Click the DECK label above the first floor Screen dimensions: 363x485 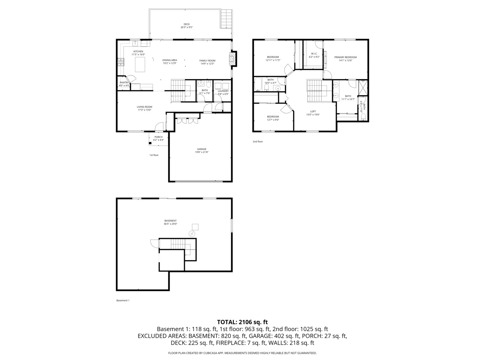pos(187,24)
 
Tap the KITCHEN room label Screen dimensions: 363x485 pos(138,51)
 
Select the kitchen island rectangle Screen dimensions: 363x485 pos(140,64)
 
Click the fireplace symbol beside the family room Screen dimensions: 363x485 pos(231,59)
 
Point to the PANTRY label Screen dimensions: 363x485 pos(124,82)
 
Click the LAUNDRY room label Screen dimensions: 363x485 pos(223,91)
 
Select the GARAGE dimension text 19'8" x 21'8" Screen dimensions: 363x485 pos(202,152)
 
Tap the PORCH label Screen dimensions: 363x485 pos(158,137)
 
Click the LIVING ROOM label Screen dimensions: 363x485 pos(144,107)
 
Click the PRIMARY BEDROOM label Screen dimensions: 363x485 pos(345,57)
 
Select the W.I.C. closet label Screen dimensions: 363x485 pos(314,53)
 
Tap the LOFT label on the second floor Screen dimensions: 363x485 pos(313,112)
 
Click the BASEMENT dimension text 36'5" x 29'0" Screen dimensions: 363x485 pos(170,224)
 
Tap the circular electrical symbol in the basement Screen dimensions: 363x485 pos(192,234)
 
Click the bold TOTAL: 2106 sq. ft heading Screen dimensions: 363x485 pos(242,322)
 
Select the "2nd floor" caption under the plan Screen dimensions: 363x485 pos(258,142)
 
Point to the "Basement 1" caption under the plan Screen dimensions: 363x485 pos(123,300)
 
